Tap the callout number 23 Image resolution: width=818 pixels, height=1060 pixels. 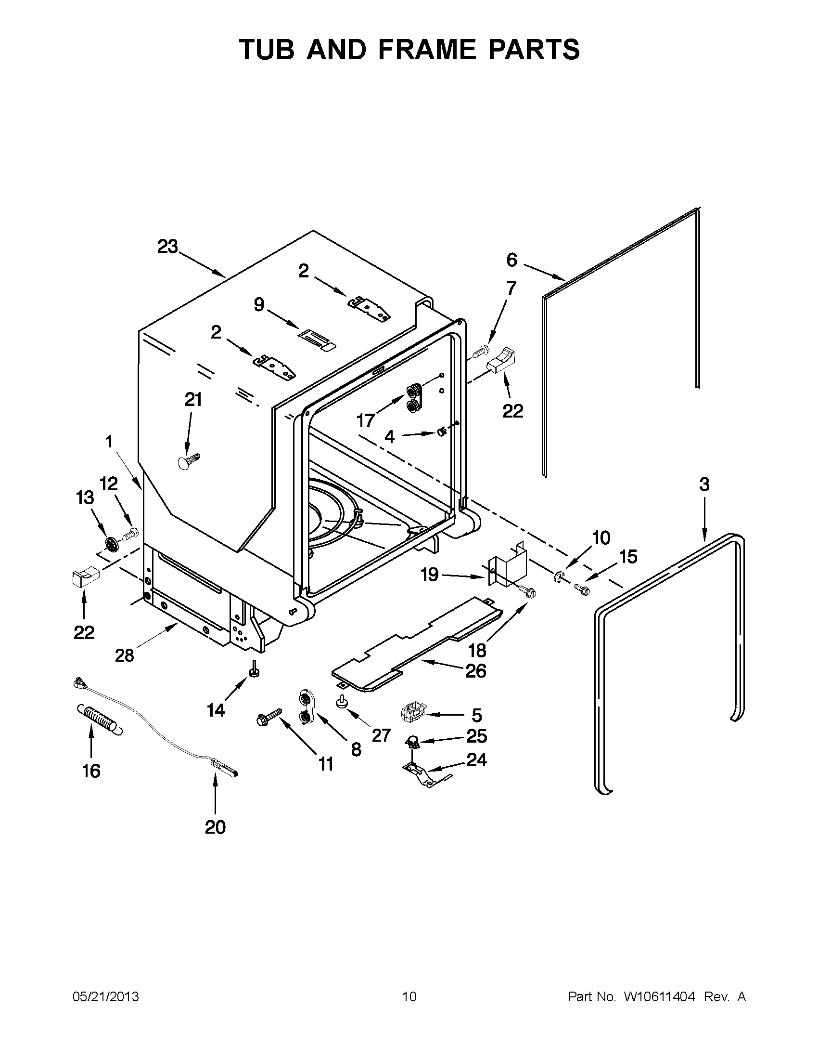tap(168, 247)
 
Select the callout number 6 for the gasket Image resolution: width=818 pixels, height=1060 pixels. tap(512, 260)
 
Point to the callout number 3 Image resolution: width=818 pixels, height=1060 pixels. tap(704, 484)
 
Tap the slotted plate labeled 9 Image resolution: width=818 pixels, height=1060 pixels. tap(316, 338)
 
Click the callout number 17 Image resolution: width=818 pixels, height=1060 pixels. tap(366, 420)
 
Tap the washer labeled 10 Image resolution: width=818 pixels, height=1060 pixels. tap(558, 576)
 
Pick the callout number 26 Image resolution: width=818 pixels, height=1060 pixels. tap(475, 671)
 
